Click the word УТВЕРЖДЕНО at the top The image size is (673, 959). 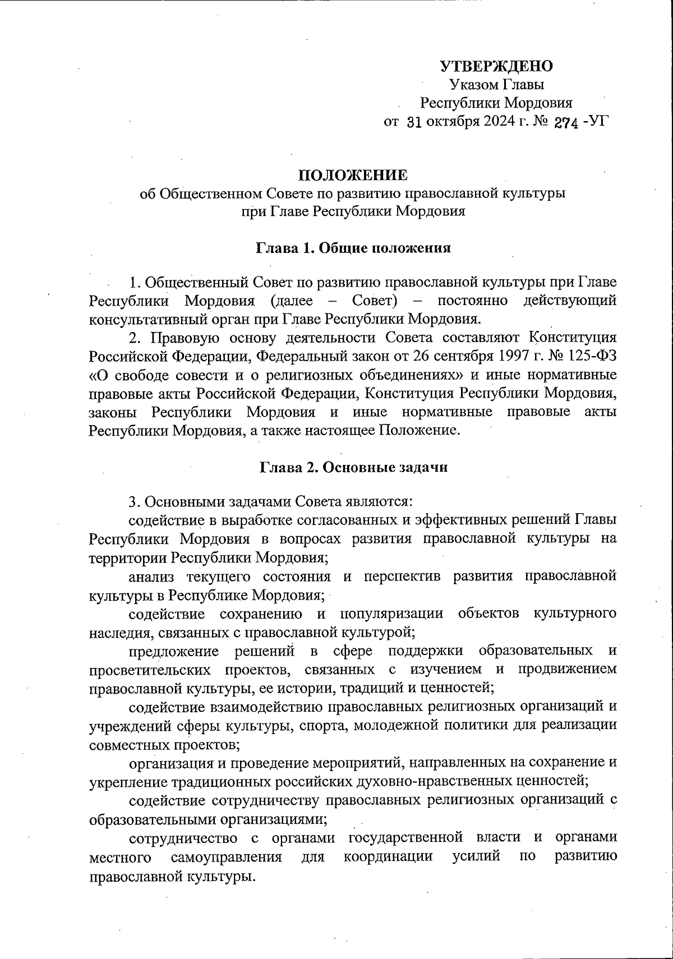[496, 66]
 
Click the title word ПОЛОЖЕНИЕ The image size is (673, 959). [353, 176]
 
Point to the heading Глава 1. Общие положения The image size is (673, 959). [353, 248]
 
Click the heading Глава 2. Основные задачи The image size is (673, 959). [353, 467]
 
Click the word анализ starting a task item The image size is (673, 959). [151, 576]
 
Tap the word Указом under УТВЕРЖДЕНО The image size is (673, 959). [470, 85]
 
